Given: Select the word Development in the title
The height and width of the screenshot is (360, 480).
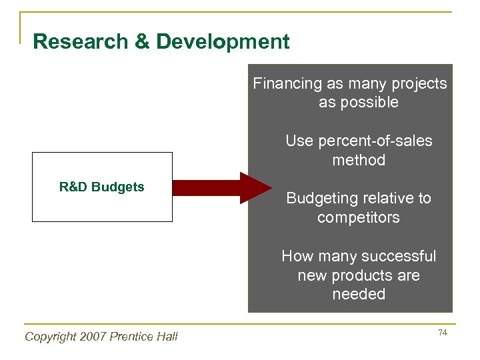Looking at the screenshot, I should tap(223, 42).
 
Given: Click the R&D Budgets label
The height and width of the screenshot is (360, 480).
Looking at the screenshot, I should tap(101, 187).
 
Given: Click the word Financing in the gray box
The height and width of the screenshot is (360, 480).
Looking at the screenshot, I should tap(287, 84).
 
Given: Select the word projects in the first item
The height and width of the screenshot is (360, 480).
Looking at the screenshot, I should tap(419, 84).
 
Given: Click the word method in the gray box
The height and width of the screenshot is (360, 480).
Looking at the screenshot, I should tap(359, 160).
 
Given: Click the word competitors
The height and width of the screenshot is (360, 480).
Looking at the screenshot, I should tap(359, 218).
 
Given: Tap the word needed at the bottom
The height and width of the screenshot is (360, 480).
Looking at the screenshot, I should tap(359, 294).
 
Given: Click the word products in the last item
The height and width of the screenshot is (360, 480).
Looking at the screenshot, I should tap(364, 275).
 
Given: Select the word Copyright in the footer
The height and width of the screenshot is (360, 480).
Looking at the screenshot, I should tap(49, 337).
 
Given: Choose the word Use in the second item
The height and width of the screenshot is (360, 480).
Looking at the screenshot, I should tap(299, 141).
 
